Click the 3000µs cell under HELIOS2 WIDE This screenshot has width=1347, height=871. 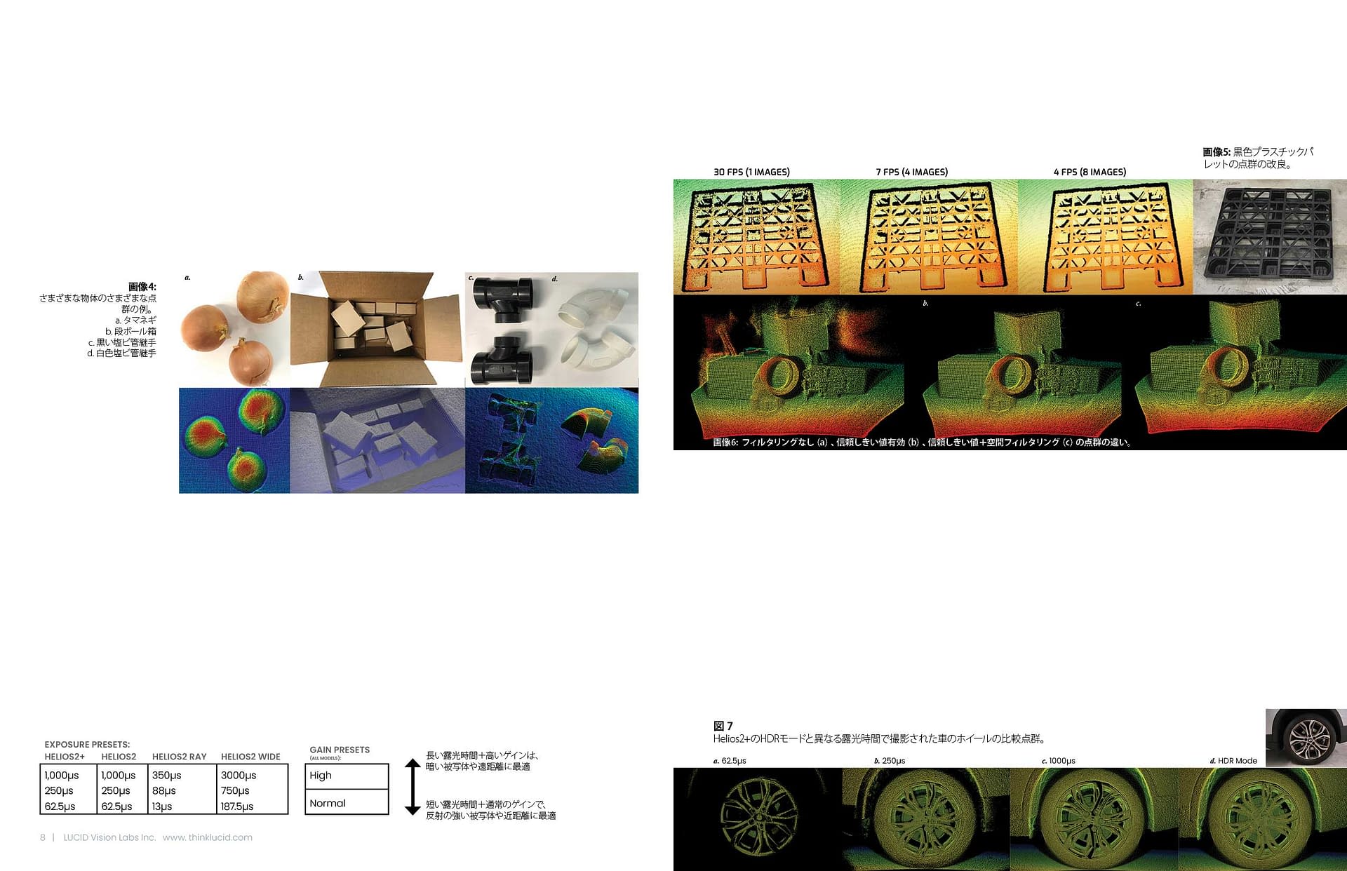239,775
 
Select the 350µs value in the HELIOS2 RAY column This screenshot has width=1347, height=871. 166,775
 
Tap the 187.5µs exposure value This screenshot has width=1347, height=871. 237,806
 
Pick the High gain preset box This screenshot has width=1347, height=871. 347,776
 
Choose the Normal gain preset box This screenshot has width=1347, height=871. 347,802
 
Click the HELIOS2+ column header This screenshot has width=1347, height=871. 65,757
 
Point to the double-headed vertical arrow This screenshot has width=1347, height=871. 413,787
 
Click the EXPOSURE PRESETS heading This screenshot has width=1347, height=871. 87,745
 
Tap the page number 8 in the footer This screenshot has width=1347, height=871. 43,837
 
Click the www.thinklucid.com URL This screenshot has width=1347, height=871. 208,837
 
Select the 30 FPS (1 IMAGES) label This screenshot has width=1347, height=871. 751,172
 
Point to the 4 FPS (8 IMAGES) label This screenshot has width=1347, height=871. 1090,172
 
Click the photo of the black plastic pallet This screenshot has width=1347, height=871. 1270,237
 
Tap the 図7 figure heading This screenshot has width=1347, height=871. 723,726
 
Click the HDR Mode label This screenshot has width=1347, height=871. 1237,761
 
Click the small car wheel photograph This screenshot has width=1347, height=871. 1306,738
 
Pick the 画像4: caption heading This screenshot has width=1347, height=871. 142,287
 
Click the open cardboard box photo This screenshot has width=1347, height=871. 377,330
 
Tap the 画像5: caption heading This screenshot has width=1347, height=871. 1217,151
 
